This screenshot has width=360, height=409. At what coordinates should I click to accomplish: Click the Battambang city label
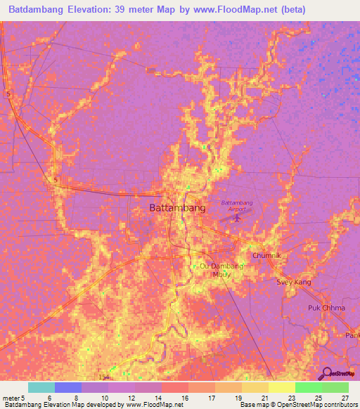[177, 208]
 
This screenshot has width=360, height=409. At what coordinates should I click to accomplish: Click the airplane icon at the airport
[236, 217]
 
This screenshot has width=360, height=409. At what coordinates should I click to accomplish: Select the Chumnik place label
[266, 257]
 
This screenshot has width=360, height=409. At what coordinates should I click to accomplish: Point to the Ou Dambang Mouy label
[221, 271]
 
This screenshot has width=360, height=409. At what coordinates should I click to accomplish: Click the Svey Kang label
[294, 282]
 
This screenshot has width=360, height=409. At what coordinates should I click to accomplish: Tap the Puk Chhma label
[325, 309]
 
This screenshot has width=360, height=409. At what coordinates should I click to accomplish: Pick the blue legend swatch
[68, 387]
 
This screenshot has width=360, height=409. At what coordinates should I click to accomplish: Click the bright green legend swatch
[309, 387]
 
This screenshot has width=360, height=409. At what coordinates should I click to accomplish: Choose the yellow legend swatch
[282, 387]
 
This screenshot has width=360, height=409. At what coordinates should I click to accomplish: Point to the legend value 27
[344, 398]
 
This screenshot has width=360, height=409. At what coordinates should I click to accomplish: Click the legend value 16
[184, 398]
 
